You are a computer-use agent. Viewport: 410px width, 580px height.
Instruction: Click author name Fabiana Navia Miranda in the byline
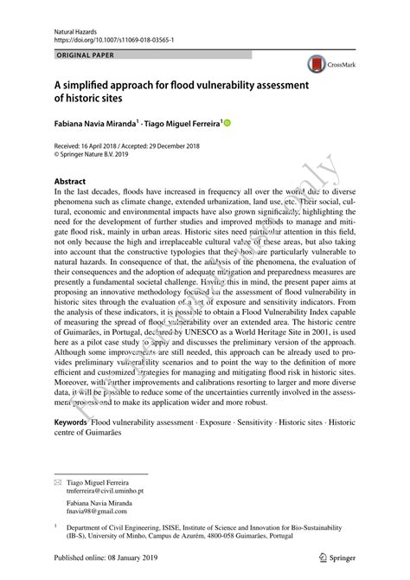tap(99, 126)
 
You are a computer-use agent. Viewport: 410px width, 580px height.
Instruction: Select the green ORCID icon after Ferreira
tap(228, 126)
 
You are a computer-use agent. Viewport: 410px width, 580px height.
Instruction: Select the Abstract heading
tap(69, 181)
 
